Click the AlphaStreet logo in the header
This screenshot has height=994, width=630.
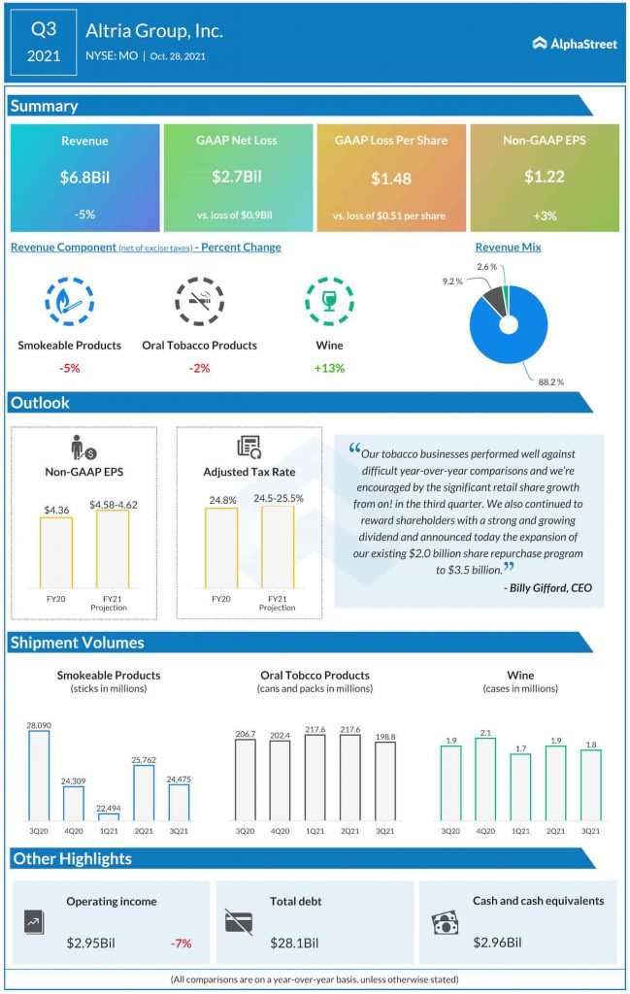(575, 44)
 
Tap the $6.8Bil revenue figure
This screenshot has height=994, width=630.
(83, 178)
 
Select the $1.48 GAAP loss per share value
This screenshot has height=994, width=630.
(391, 179)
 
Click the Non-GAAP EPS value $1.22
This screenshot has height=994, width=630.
(545, 178)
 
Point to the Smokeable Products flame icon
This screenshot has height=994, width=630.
(69, 301)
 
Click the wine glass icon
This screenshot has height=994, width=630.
(329, 301)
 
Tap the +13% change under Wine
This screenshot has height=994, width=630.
(329, 368)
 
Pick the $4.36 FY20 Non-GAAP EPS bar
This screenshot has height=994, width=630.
(56, 552)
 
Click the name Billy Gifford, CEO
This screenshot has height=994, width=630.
(547, 587)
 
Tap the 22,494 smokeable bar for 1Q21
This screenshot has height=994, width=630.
(109, 816)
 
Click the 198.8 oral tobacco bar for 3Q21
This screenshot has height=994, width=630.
(385, 781)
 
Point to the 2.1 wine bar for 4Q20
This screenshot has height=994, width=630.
(485, 779)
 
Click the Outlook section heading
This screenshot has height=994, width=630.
(40, 403)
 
